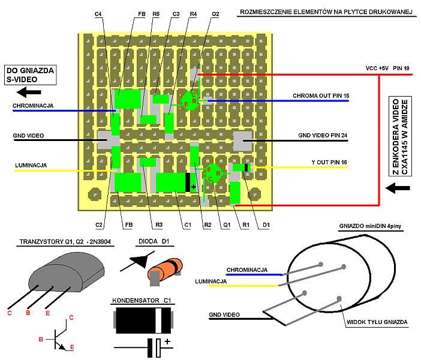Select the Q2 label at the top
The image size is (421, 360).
coord(215,13)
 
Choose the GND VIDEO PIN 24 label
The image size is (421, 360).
coord(323,136)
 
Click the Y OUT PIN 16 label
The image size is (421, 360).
coord(329,163)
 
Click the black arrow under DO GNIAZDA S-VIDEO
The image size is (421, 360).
coord(29,92)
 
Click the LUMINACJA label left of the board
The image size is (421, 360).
coord(31,164)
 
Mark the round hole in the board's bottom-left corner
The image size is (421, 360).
coord(94,195)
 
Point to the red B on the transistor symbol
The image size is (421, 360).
coord(41,339)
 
